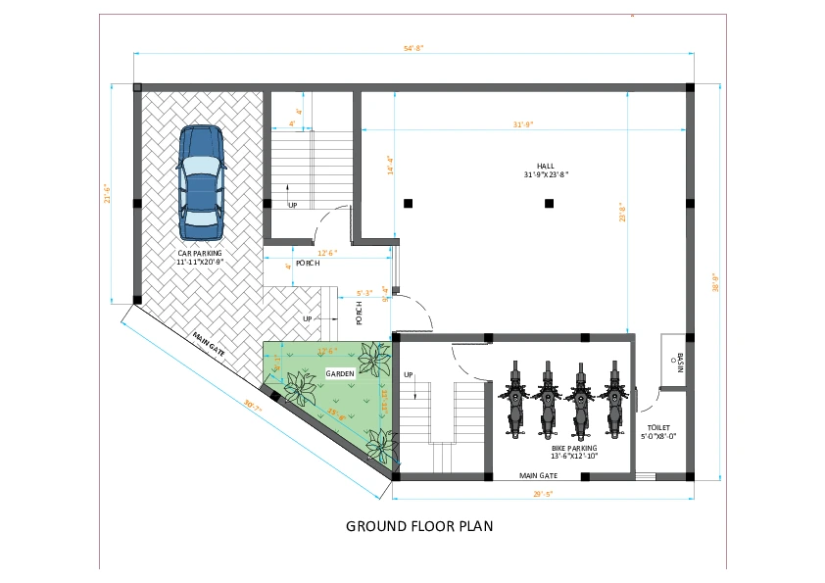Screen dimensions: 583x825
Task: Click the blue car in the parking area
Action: click(202, 183)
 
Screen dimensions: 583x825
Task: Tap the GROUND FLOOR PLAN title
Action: click(419, 526)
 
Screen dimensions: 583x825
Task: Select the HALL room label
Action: click(546, 170)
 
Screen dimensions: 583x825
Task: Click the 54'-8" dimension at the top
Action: click(412, 47)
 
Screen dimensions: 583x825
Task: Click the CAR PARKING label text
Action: click(200, 257)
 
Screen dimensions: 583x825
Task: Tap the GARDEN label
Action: click(339, 375)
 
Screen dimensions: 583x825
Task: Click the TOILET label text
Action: click(657, 431)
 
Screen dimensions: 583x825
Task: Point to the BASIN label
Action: click(677, 364)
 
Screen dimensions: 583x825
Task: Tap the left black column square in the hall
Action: click(408, 203)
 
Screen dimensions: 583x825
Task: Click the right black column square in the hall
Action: click(549, 203)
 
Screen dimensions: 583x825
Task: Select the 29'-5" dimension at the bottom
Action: click(544, 494)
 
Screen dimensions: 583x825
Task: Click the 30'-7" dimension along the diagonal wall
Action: click(253, 406)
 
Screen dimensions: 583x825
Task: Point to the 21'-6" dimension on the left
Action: click(109, 194)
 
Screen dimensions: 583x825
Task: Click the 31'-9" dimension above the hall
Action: click(522, 124)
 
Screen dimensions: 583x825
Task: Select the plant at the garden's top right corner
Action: click(374, 359)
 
